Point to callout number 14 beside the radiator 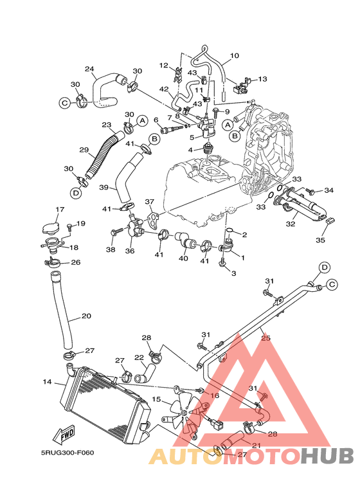click(x=47, y=382)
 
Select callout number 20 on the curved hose click(x=86, y=316)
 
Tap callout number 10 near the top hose click(x=234, y=56)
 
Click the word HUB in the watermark click(x=328, y=455)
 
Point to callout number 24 click(x=89, y=69)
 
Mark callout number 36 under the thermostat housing click(x=130, y=251)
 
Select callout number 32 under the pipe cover click(x=291, y=224)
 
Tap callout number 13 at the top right click(x=262, y=79)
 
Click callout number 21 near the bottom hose click(x=255, y=445)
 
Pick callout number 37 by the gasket click(x=149, y=202)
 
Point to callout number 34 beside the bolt click(x=329, y=190)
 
